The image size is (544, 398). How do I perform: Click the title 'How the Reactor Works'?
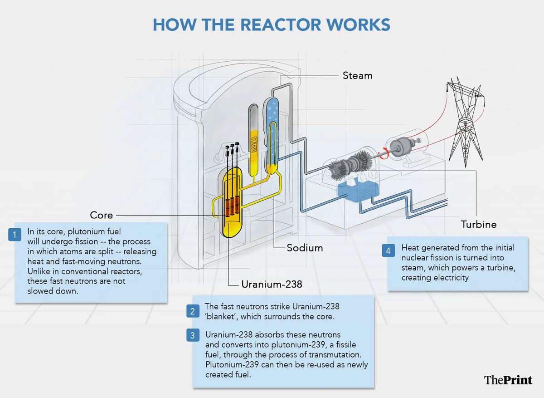(x=271, y=25)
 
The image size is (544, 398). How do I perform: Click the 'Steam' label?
(x=357, y=75)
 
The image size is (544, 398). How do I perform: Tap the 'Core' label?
(x=102, y=215)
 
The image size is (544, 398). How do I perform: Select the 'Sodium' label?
(x=305, y=248)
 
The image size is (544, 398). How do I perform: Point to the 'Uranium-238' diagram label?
(x=272, y=285)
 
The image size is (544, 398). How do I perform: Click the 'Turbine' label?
(x=479, y=224)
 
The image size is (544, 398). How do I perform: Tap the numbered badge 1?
(x=15, y=235)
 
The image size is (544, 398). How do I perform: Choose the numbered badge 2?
(x=193, y=311)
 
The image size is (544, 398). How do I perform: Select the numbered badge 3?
(x=193, y=335)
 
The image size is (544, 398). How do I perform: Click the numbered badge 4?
(x=388, y=251)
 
